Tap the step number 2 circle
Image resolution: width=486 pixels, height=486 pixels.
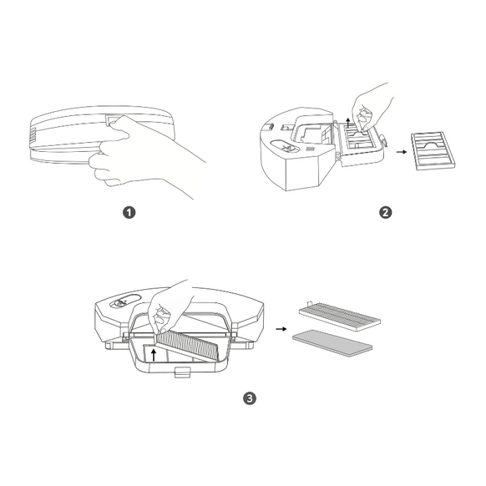[385, 212]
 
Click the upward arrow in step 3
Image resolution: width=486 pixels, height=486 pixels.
[151, 353]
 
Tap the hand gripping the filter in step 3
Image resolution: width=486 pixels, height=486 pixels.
[171, 306]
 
